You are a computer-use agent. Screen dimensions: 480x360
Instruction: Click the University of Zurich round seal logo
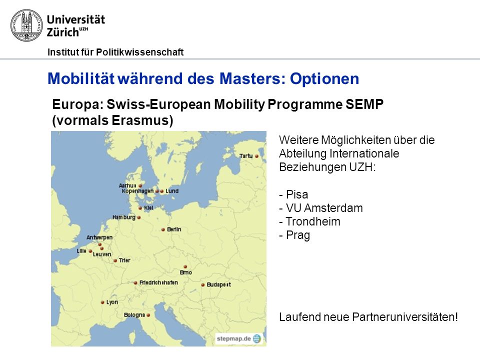pyautogui.click(x=26, y=25)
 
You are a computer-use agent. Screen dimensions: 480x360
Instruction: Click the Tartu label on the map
pyautogui.click(x=246, y=156)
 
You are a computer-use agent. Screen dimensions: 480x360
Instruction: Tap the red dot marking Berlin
pyautogui.click(x=163, y=229)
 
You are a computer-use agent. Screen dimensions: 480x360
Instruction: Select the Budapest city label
pyautogui.click(x=218, y=284)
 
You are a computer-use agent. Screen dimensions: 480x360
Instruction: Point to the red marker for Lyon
pyautogui.click(x=102, y=302)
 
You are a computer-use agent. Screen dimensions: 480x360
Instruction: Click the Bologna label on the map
pyautogui.click(x=134, y=315)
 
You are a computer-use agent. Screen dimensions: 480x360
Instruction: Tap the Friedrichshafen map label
pyautogui.click(x=158, y=282)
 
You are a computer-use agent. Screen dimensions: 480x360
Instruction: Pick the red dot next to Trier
pyautogui.click(x=115, y=261)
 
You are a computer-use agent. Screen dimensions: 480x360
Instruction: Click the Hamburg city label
pyautogui.click(x=123, y=217)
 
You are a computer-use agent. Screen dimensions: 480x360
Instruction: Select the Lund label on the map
pyautogui.click(x=172, y=191)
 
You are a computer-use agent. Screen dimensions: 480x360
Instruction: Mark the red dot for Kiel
pyautogui.click(x=140, y=208)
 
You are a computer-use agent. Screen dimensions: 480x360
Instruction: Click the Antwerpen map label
pyautogui.click(x=99, y=237)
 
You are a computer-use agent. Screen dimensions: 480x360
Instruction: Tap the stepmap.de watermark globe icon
pyautogui.click(x=257, y=338)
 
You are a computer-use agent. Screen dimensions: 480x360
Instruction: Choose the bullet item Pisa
pyautogui.click(x=293, y=194)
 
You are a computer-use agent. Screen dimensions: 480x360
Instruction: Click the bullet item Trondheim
pyautogui.click(x=310, y=221)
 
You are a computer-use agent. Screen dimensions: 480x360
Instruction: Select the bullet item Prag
pyautogui.click(x=294, y=235)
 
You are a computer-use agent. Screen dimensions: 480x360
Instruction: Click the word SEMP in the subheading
pyautogui.click(x=364, y=104)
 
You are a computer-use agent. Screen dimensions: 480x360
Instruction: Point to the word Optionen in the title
pyautogui.click(x=324, y=78)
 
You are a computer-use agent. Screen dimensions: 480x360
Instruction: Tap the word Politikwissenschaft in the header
pyautogui.click(x=140, y=52)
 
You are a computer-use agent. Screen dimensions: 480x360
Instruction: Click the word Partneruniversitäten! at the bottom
pyautogui.click(x=405, y=317)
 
